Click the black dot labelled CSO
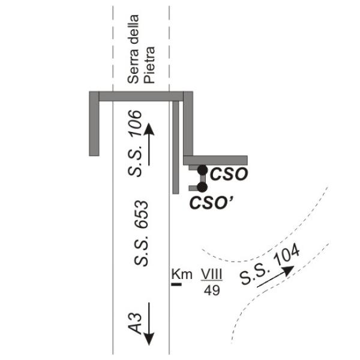click(203, 170)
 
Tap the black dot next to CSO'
click(202, 187)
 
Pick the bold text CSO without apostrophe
click(229, 174)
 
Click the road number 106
click(135, 124)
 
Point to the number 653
click(141, 215)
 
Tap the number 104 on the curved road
click(287, 254)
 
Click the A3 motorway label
click(135, 323)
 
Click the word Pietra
click(149, 65)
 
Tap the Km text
click(182, 274)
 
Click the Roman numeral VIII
click(212, 274)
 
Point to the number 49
click(212, 290)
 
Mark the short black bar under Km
click(176, 284)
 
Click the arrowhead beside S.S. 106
click(149, 129)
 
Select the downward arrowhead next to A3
click(149, 339)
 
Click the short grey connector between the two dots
click(203, 178)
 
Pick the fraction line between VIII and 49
click(212, 280)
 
